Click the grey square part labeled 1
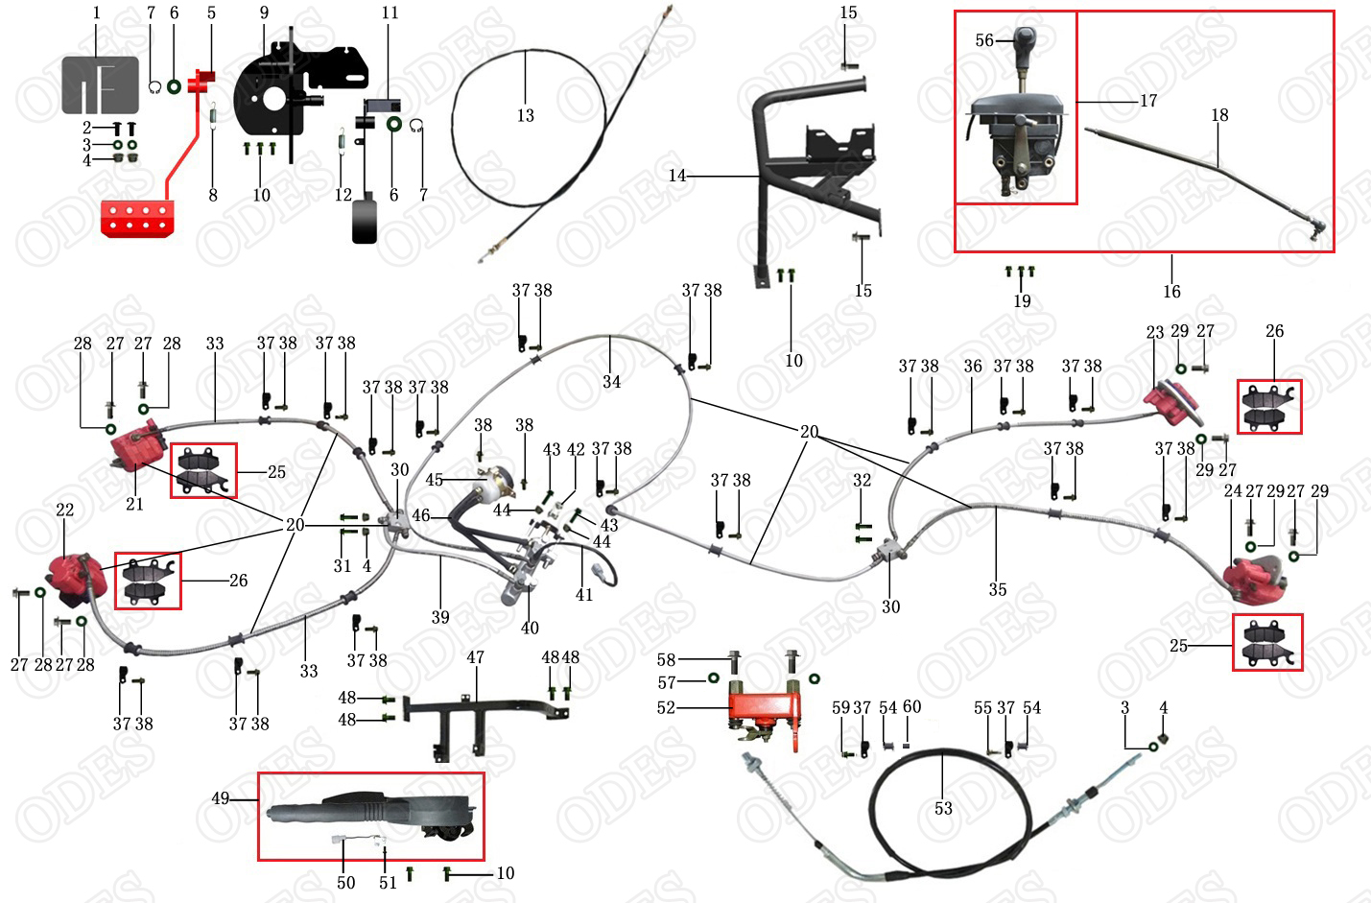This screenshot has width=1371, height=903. pyautogui.click(x=100, y=85)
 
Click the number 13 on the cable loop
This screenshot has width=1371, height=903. pyautogui.click(x=525, y=115)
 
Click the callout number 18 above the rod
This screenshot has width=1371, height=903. pyautogui.click(x=1219, y=115)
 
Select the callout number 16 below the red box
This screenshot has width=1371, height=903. pyautogui.click(x=1171, y=291)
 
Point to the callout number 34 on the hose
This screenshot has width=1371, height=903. pyautogui.click(x=611, y=382)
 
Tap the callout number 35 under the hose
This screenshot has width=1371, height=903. pyautogui.click(x=998, y=589)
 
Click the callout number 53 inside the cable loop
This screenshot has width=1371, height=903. pyautogui.click(x=943, y=808)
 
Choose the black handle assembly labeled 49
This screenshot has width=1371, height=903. pyautogui.click(x=374, y=815)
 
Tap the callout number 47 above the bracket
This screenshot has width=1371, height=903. pyautogui.click(x=475, y=657)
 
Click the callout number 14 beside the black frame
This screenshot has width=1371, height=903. pyautogui.click(x=677, y=176)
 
